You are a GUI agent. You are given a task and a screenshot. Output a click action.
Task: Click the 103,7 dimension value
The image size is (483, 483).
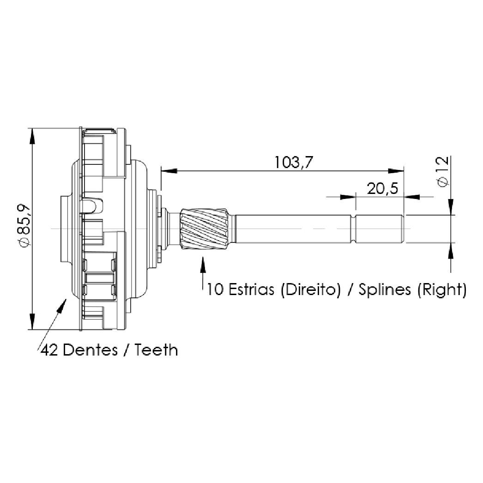pos(293,163)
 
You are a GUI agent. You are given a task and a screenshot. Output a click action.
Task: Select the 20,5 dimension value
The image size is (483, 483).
pos(382,188)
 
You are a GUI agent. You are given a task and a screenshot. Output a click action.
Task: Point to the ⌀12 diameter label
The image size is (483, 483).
pos(443,171)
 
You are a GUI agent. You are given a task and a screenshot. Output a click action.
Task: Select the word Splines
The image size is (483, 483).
pos(385,290)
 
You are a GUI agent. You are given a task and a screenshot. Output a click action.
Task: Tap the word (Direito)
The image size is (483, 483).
pos(311,290)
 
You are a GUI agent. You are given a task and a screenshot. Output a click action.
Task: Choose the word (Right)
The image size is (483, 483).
pos(442,290)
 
